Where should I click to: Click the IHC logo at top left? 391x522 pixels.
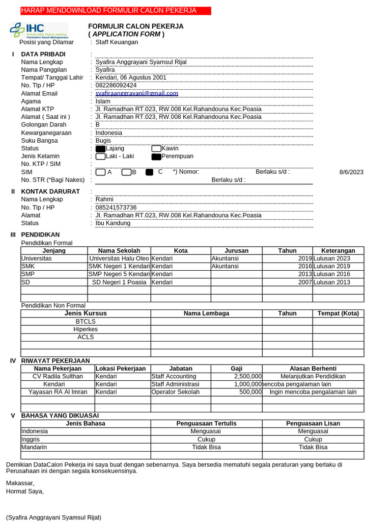coord(39,31)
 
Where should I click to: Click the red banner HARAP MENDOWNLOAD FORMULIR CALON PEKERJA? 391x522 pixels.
coord(108,11)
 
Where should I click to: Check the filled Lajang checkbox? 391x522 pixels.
coord(100,149)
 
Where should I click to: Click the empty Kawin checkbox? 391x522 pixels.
coord(156,149)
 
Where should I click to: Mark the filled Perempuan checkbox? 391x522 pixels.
coord(156,156)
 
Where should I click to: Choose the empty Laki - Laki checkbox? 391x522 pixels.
coord(100,156)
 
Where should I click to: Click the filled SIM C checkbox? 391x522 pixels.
coord(149,172)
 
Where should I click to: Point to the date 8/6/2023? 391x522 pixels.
coord(351,172)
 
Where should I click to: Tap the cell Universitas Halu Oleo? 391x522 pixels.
coord(119,258)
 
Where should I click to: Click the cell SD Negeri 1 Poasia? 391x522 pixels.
coord(119,282)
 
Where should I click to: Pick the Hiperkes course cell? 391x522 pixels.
coord(86,329)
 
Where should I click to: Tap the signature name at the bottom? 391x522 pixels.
coord(53,517)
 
